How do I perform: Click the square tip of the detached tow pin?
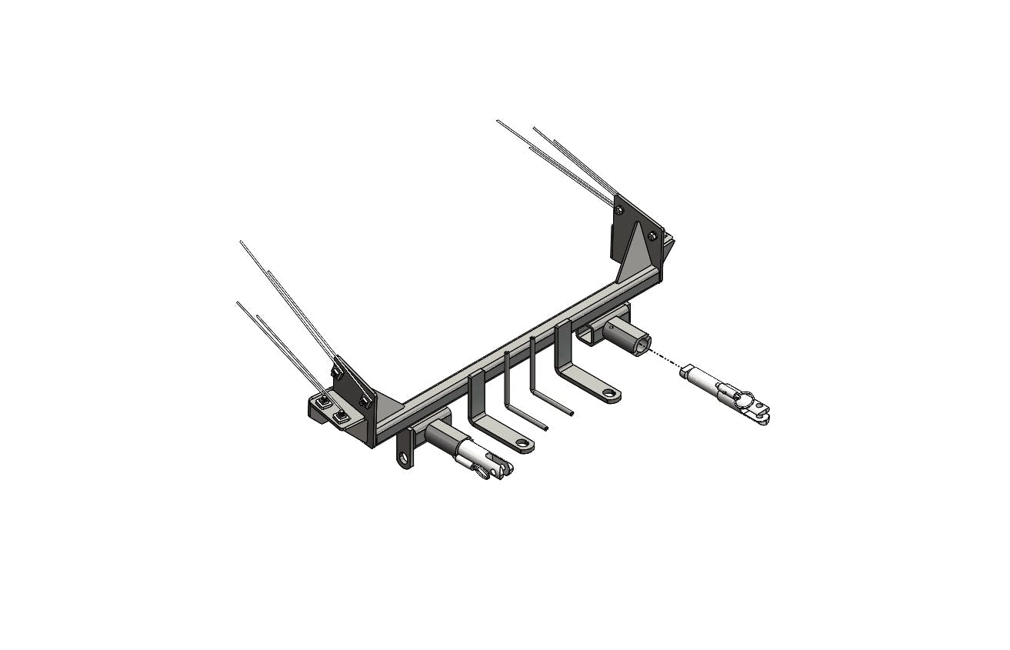coord(686,372)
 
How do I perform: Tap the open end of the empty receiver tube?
coord(642,344)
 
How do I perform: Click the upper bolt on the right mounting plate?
coord(619,209)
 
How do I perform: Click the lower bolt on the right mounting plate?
coord(652,236)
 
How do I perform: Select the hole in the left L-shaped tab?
coord(523,443)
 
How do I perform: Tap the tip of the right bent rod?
coord(570,413)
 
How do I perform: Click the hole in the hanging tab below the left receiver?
coord(404,458)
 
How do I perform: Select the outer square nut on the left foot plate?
coord(342,417)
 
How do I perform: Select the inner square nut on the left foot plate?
coord(325,400)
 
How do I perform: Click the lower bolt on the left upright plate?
coord(365,401)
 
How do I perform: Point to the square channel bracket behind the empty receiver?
coord(587,333)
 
